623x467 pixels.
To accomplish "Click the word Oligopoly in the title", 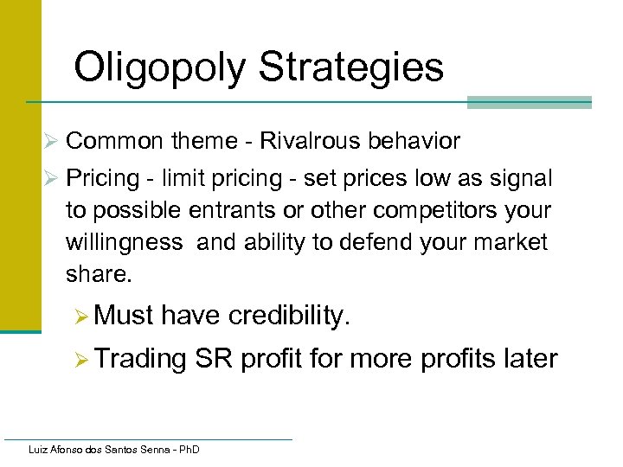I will [x=162, y=67].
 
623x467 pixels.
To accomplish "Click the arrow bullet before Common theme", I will [x=51, y=141].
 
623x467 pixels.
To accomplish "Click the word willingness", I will [x=124, y=243].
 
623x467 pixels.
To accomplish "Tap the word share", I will [x=95, y=274].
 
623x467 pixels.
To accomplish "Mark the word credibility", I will [x=289, y=317].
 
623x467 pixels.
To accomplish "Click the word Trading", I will [x=140, y=358].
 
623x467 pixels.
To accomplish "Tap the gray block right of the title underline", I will [x=529, y=103].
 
